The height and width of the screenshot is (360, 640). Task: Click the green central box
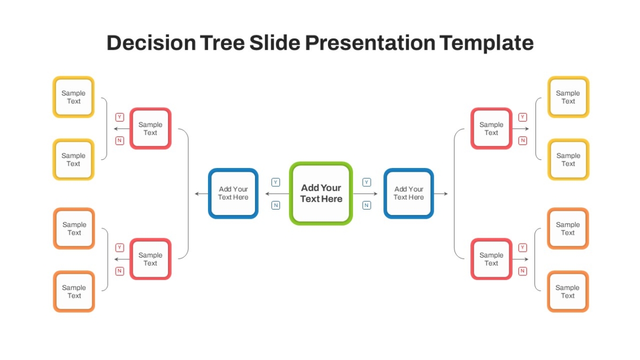pyautogui.click(x=321, y=194)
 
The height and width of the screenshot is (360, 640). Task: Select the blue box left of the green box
pyautogui.click(x=233, y=194)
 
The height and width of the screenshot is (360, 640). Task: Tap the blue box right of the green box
pyautogui.click(x=409, y=194)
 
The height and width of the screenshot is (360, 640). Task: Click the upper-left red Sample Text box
pyautogui.click(x=150, y=129)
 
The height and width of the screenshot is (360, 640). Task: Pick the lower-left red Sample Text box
pyautogui.click(x=150, y=259)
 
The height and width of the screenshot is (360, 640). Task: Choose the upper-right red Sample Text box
pyautogui.click(x=491, y=129)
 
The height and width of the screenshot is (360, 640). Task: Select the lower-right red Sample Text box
pyautogui.click(x=491, y=259)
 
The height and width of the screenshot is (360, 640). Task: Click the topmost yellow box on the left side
pyautogui.click(x=74, y=97)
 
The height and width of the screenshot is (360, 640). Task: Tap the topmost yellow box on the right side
pyautogui.click(x=569, y=97)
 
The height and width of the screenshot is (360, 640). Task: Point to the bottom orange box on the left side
pyautogui.click(x=74, y=291)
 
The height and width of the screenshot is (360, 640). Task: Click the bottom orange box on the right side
pyautogui.click(x=567, y=291)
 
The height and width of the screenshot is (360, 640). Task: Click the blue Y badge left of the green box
pyautogui.click(x=276, y=182)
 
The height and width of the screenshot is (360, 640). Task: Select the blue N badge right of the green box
pyautogui.click(x=366, y=205)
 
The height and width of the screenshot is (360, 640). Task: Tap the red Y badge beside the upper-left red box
pyautogui.click(x=119, y=117)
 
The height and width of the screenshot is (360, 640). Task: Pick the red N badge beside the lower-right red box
pyautogui.click(x=523, y=271)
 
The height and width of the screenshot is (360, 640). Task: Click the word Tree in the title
pyautogui.click(x=222, y=43)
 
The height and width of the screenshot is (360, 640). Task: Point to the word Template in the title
pyautogui.click(x=486, y=43)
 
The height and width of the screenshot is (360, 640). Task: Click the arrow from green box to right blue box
pyautogui.click(x=365, y=194)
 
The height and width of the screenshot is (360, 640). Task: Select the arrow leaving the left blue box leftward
pyautogui.click(x=202, y=194)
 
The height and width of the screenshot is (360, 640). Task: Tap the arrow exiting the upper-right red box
pyautogui.click(x=521, y=129)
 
